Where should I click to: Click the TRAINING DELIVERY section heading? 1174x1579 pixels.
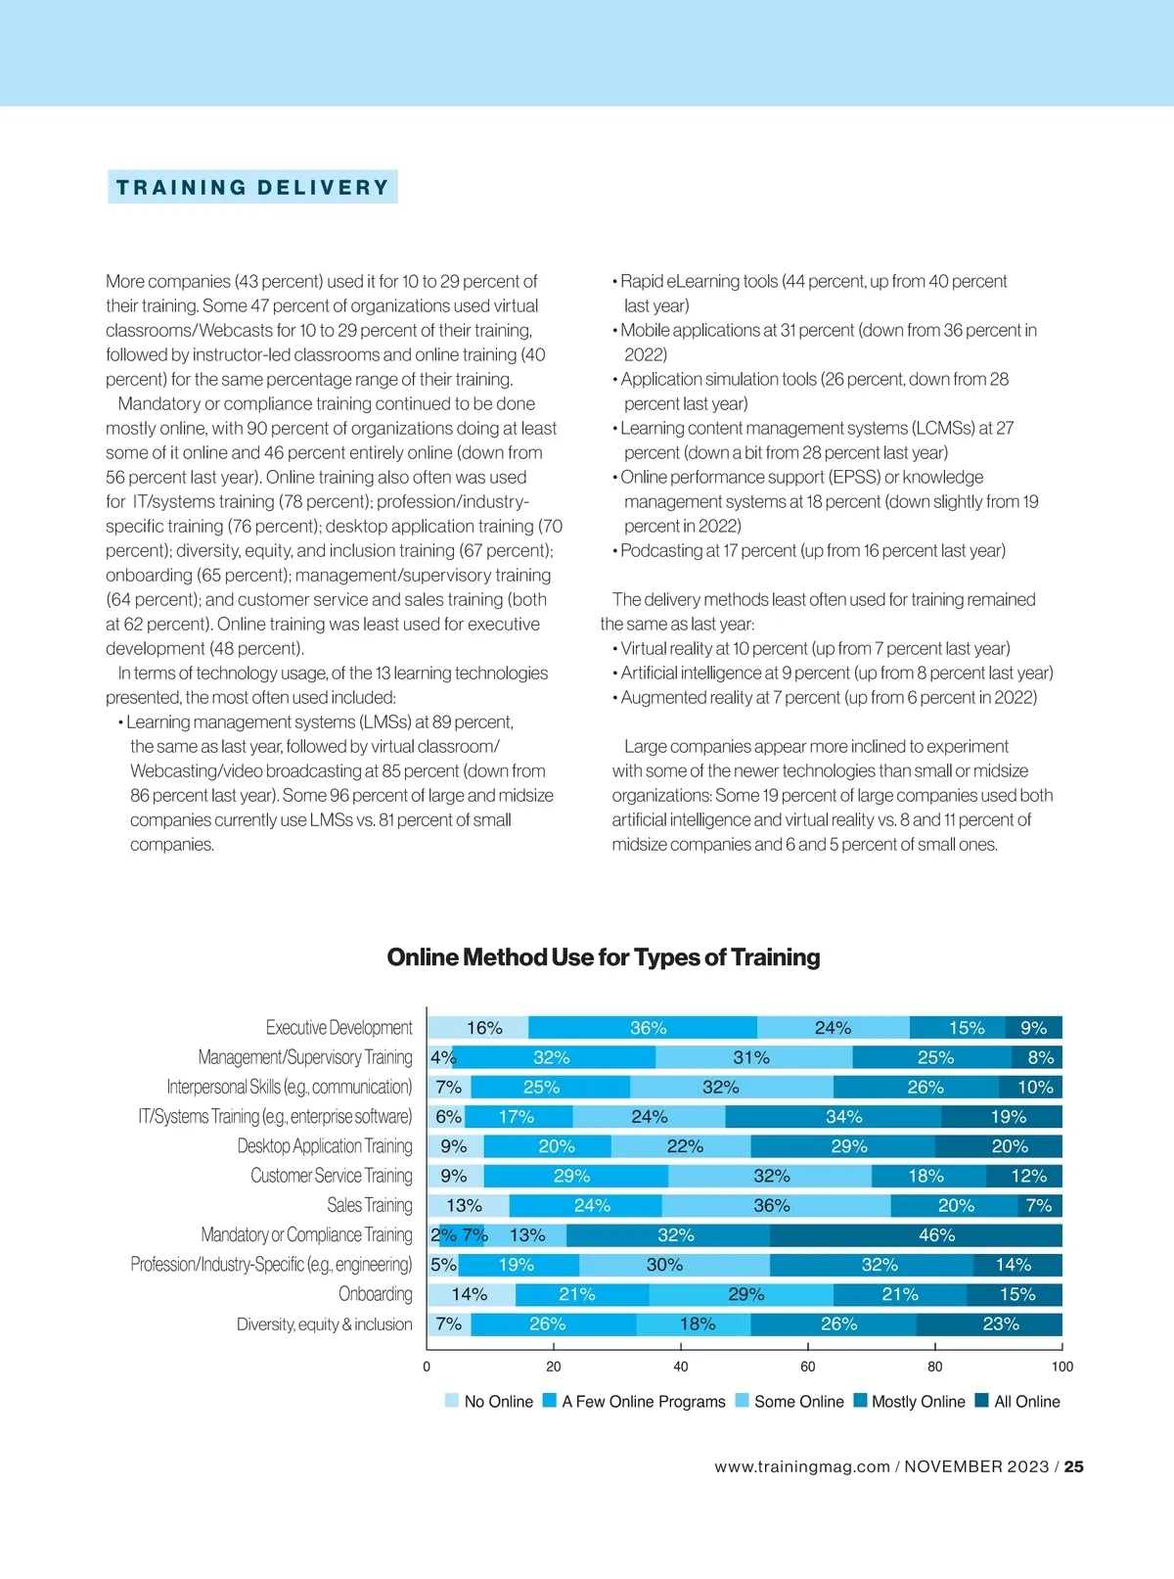pos(252,187)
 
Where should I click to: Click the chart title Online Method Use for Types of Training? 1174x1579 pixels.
pos(604,957)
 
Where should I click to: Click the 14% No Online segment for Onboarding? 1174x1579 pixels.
pos(471,1294)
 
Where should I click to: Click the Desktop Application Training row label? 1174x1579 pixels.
pos(325,1146)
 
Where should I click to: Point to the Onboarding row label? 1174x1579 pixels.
pos(376,1294)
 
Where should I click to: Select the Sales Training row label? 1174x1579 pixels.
pos(370,1205)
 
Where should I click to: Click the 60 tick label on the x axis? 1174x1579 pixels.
pos(808,1367)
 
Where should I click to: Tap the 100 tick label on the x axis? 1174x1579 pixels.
pos(1061,1367)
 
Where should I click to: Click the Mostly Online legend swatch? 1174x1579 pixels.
pos(861,1401)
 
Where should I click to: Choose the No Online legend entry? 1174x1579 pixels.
pos(489,1402)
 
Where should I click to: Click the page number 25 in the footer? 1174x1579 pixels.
pos(1073,1466)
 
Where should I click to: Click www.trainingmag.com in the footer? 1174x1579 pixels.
pos(802,1466)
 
